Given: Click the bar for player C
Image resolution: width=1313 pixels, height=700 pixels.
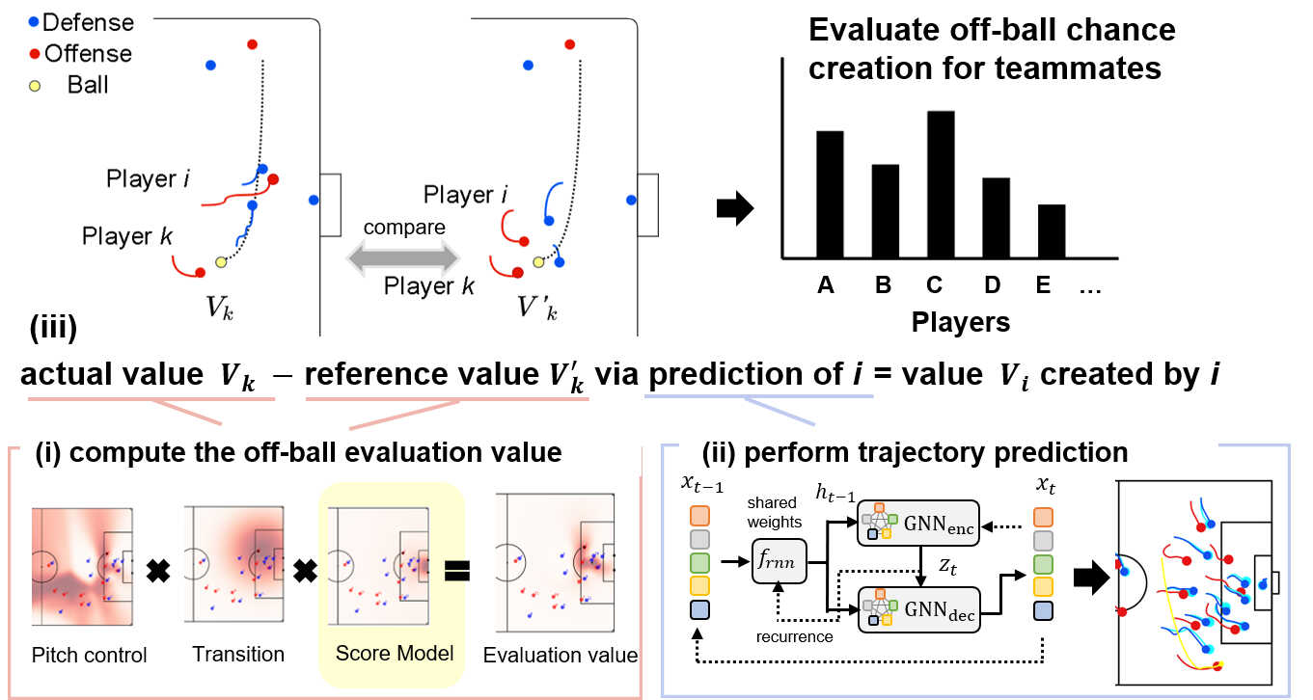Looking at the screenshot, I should coord(941,184).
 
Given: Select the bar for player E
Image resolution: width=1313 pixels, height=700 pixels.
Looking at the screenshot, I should coord(1052,231).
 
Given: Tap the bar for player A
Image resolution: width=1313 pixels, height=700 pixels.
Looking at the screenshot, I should coord(831,194).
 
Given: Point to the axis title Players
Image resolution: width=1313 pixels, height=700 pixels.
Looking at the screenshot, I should coord(961,322).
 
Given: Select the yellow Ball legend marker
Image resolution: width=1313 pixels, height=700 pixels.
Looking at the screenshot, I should coord(36,86).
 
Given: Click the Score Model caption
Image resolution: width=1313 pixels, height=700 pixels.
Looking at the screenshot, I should coord(395,654).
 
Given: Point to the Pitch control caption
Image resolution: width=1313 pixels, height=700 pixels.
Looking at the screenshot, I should coord(89,656).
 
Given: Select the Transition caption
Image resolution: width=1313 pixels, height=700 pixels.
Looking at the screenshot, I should coord(238,655).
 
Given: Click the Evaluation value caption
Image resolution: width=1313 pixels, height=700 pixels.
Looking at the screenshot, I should coord(561,656).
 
